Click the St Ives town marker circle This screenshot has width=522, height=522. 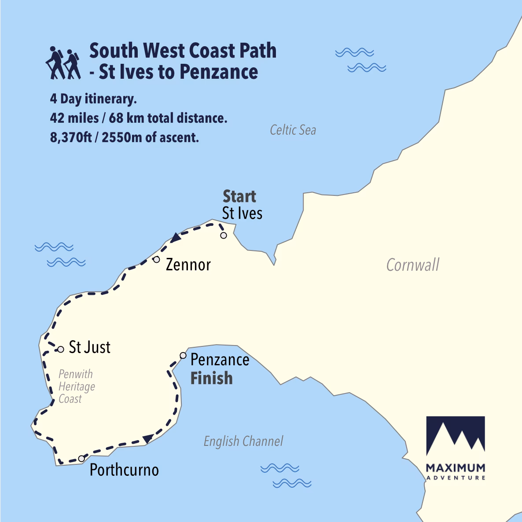pyautogui.click(x=224, y=235)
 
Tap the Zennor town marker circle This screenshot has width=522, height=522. pyautogui.click(x=156, y=259)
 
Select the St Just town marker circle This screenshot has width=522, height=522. pyautogui.click(x=61, y=349)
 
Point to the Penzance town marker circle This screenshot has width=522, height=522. pyautogui.click(x=183, y=355)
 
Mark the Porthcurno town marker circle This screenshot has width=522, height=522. pyautogui.click(x=81, y=459)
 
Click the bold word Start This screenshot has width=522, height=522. pyautogui.click(x=239, y=196)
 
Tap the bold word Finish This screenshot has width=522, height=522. pyautogui.click(x=211, y=378)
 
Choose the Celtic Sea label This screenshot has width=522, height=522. pyautogui.click(x=293, y=130)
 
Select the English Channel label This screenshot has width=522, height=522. pyautogui.click(x=243, y=441)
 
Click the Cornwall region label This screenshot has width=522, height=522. pyautogui.click(x=412, y=265)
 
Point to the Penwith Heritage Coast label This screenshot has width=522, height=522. pyautogui.click(x=76, y=386)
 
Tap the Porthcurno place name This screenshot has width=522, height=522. pyautogui.click(x=124, y=470)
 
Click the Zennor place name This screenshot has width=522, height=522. pyautogui.click(x=188, y=265)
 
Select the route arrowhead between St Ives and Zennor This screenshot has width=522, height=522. pyautogui.click(x=176, y=237)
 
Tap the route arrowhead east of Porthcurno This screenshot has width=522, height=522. pyautogui.click(x=148, y=438)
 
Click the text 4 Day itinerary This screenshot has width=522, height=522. pyautogui.click(x=93, y=99)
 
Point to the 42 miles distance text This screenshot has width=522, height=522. pyautogui.click(x=138, y=118)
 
